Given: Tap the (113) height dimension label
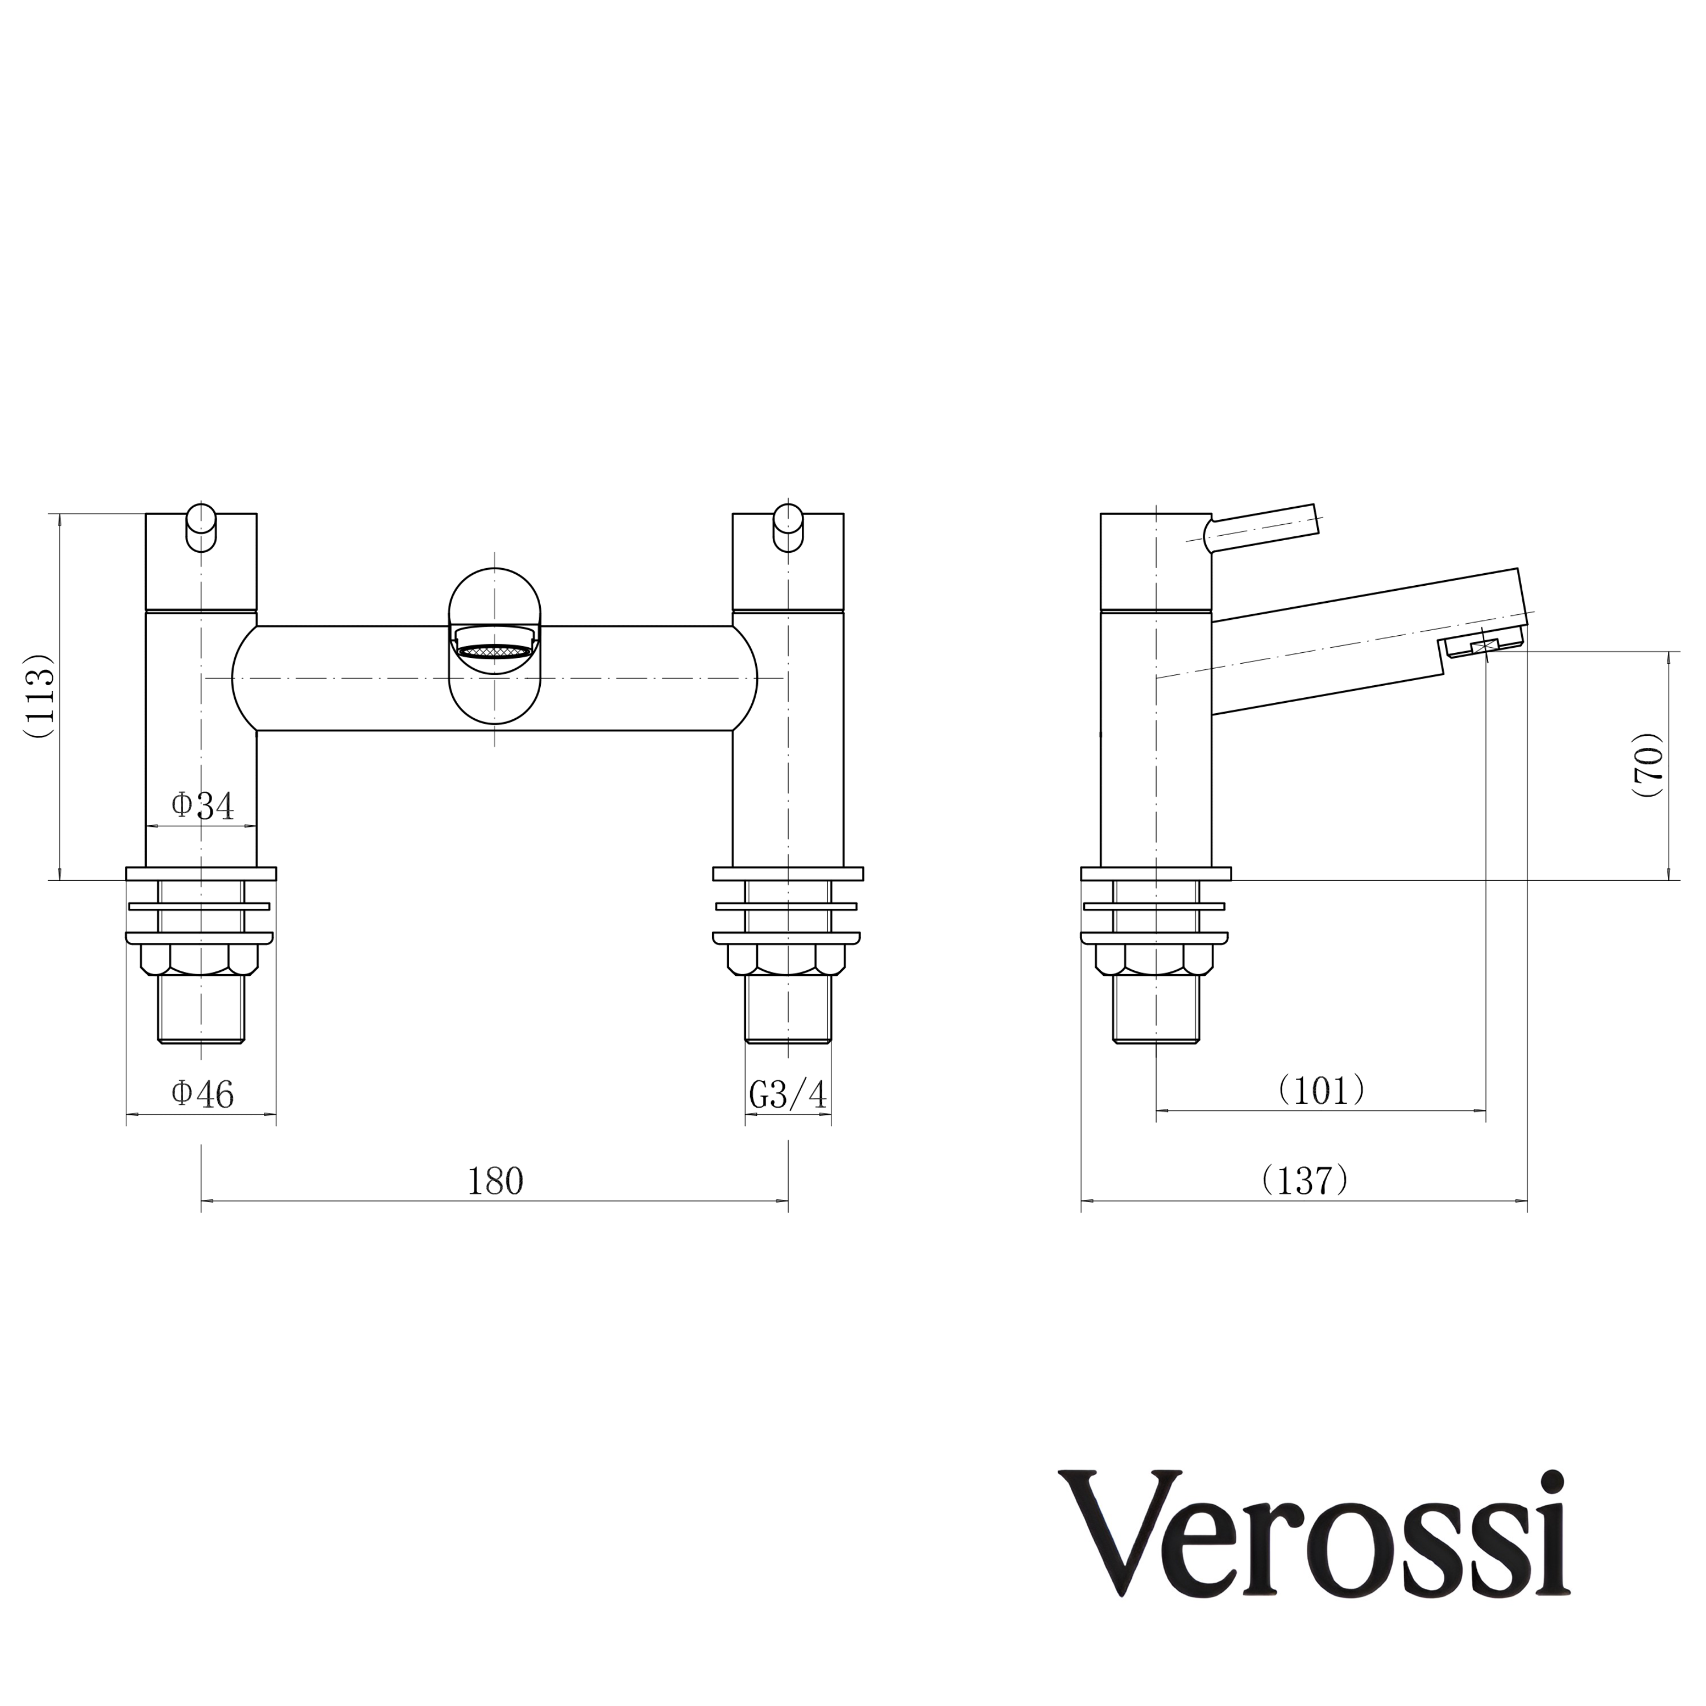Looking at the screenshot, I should (x=40, y=696).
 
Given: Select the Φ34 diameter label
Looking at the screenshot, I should (x=202, y=805).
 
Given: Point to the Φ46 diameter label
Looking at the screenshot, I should (x=202, y=1095).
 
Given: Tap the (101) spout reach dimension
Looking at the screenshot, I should (x=1321, y=1091).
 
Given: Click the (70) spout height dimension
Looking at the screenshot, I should (x=1648, y=765).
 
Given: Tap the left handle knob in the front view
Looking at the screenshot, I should (x=201, y=527).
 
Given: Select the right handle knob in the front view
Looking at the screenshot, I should (x=788, y=527).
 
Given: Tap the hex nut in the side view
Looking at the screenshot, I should (x=1155, y=959).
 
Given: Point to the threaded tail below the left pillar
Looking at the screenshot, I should (x=201, y=1008).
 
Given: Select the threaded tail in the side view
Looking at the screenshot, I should (x=1155, y=1008).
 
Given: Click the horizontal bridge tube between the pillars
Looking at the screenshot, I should (x=353, y=678).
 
